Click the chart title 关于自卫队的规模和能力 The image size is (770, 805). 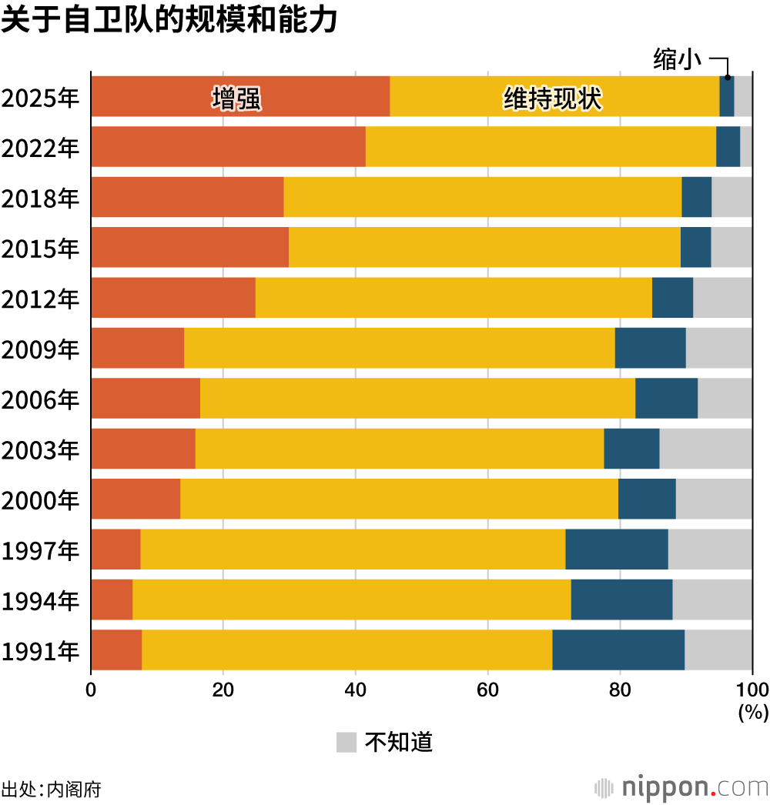[x=169, y=21]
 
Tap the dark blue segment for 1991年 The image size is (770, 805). [x=618, y=650]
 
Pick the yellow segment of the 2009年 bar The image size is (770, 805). [x=399, y=348]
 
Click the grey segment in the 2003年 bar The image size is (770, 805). [x=705, y=449]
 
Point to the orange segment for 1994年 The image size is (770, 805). [x=112, y=600]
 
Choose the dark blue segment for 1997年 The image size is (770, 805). [x=616, y=549]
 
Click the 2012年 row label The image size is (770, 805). [x=40, y=298]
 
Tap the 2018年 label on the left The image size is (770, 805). [x=40, y=198]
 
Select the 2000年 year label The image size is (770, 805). [x=40, y=499]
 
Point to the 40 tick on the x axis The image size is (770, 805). [x=355, y=689]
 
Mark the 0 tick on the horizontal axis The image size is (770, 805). [x=91, y=689]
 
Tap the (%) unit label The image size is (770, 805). [x=753, y=713]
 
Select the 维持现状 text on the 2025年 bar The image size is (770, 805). [x=552, y=99]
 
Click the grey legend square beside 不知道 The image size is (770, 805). [x=346, y=742]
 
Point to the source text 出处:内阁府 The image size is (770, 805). [x=51, y=789]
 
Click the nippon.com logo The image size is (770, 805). [x=681, y=787]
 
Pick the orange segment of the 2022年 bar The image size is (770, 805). [x=228, y=146]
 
